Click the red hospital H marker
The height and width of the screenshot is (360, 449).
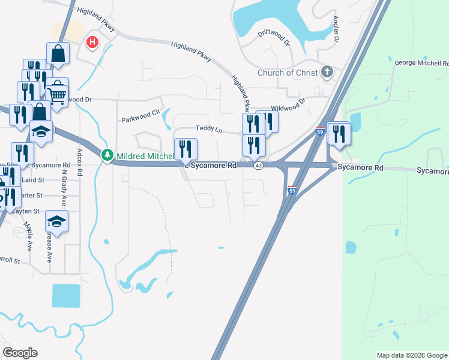tap(92, 42)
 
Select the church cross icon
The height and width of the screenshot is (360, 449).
tap(327, 73)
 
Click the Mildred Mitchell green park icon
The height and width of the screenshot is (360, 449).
tap(107, 155)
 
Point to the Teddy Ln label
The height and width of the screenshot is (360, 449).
tap(208, 128)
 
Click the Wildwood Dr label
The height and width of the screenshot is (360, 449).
tap(289, 104)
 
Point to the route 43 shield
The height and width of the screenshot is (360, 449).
tap(257, 166)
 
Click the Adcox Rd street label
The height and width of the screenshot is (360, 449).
tap(80, 161)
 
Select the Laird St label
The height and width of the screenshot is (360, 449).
tap(32, 179)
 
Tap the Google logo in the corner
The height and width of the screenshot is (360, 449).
tap(20, 353)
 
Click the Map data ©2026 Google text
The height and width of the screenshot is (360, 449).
tap(412, 355)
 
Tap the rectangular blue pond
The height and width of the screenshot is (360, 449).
tap(65, 295)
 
